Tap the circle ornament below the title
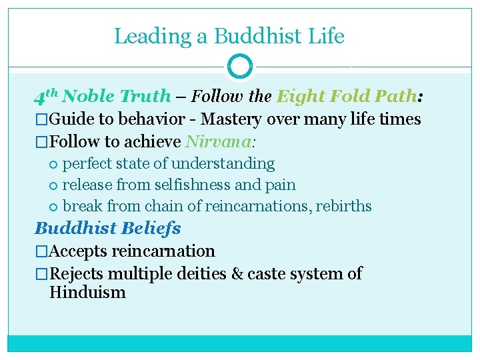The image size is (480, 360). click(x=239, y=67)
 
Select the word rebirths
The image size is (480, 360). click(x=345, y=206)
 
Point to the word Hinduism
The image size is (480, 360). click(x=87, y=293)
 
